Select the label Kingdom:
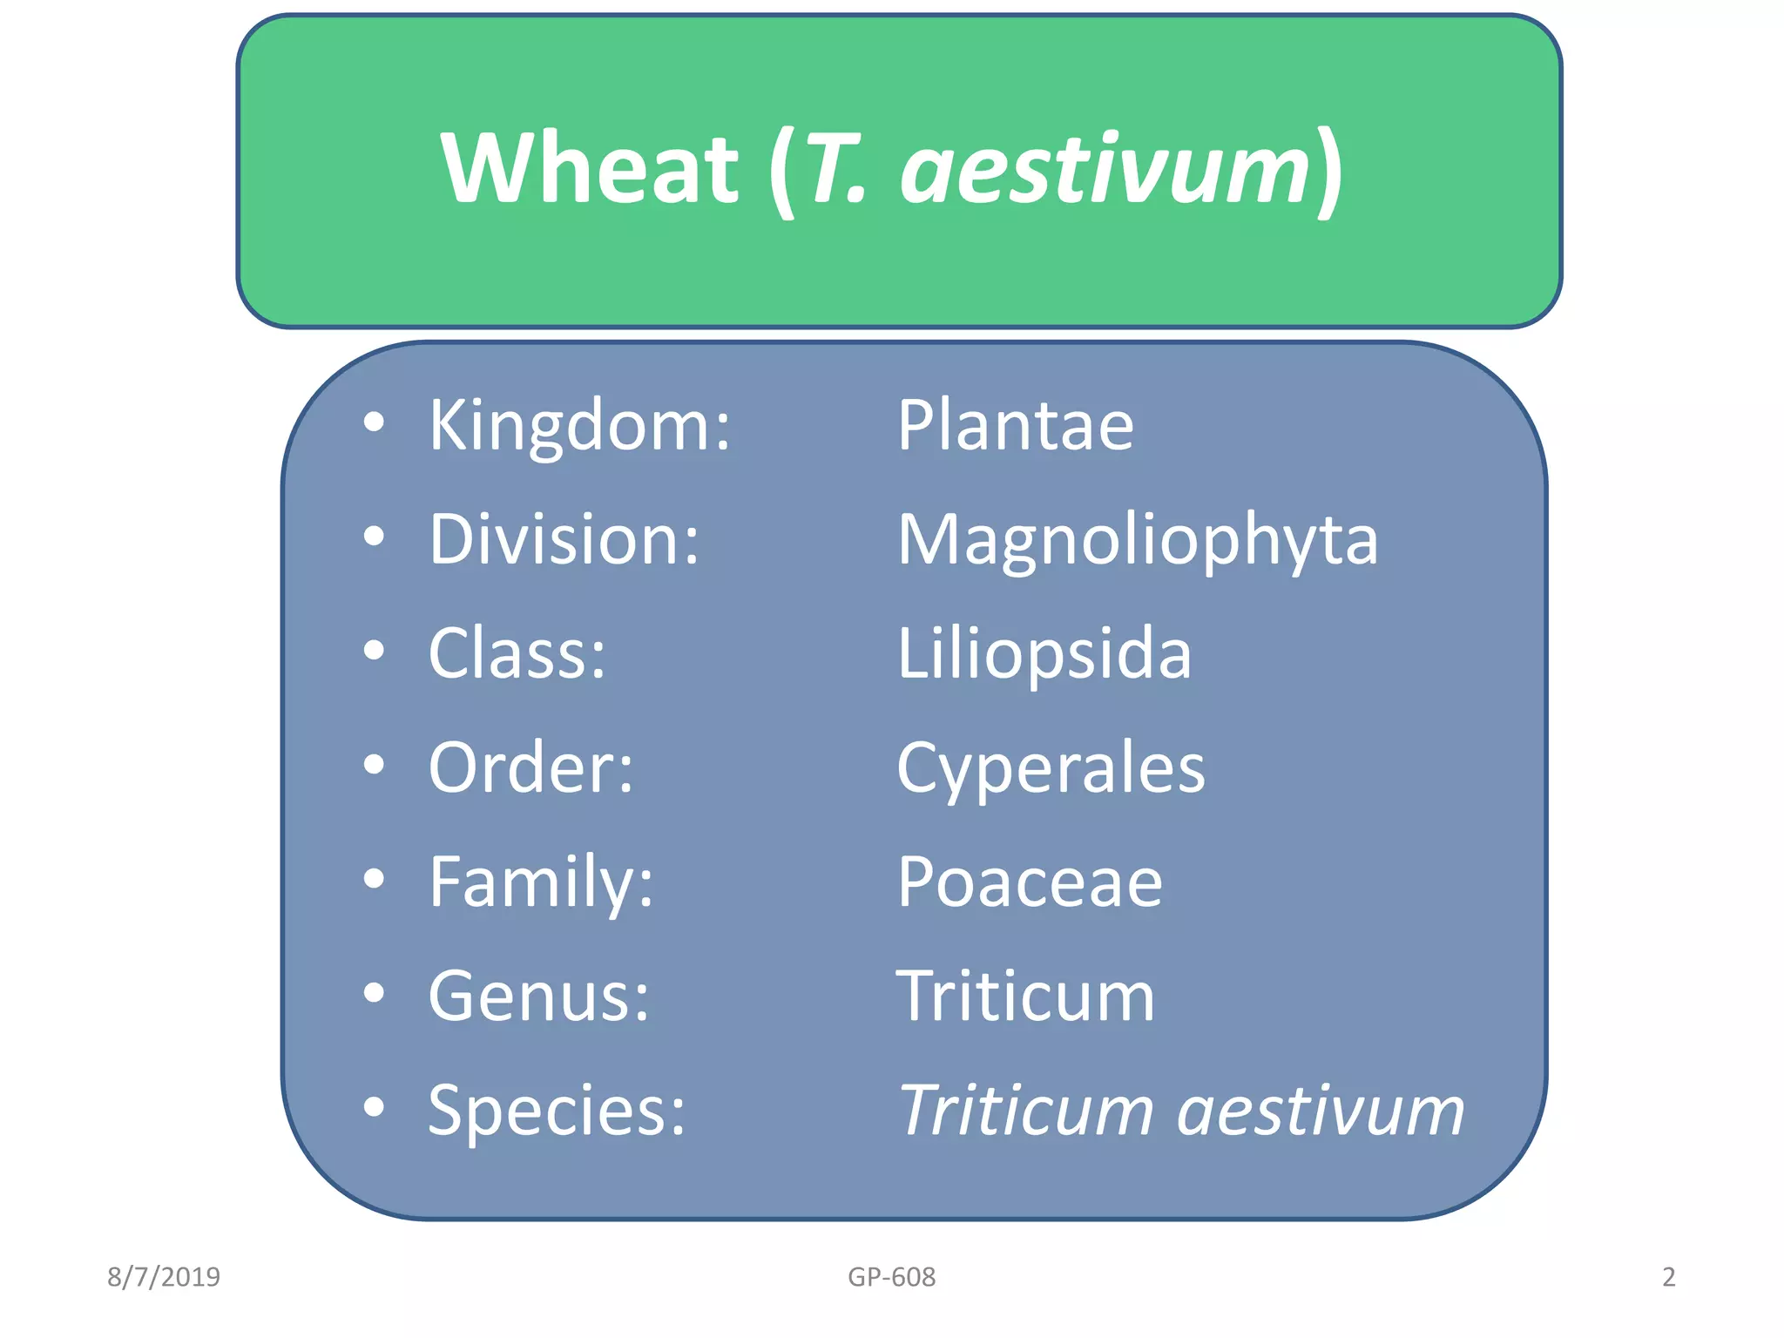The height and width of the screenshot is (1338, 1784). [579, 425]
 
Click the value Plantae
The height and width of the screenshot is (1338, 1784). [1015, 425]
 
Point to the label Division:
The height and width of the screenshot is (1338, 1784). [564, 539]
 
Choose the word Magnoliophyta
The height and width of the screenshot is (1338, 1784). [1137, 541]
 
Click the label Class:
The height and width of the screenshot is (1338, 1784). [517, 653]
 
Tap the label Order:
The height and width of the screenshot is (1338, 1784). [530, 767]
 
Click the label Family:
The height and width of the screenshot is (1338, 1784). [541, 882]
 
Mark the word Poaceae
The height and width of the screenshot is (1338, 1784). [1030, 882]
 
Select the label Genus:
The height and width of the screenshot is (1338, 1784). [538, 997]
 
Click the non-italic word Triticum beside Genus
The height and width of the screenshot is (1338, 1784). [1025, 997]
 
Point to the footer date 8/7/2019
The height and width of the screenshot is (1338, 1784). [164, 1277]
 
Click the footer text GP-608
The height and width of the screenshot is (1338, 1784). [891, 1277]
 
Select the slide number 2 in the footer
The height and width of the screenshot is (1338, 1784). [1668, 1277]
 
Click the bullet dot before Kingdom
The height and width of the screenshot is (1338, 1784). [374, 422]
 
